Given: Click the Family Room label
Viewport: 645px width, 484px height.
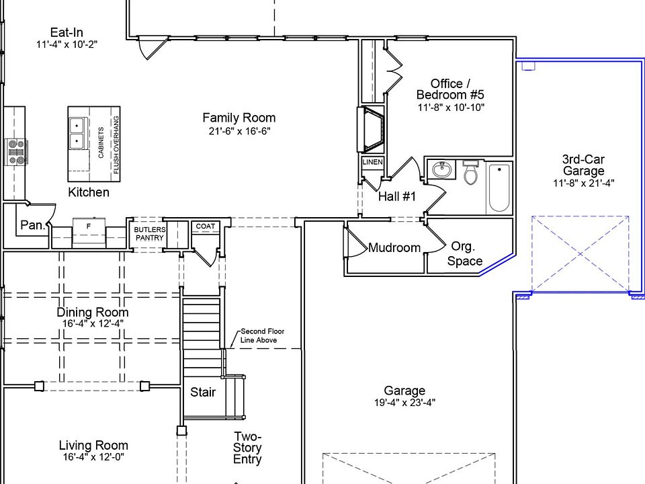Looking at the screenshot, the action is (239, 118).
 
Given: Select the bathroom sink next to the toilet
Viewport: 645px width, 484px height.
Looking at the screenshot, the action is (442, 169).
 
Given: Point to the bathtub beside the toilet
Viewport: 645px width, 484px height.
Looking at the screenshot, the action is (499, 188).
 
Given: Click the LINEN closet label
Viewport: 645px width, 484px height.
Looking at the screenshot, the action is (373, 162).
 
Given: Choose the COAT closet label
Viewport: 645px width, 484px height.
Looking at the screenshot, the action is (206, 227).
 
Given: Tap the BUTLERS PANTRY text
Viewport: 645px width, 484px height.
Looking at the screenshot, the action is (150, 234).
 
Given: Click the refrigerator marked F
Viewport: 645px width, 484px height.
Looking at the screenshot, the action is (89, 233).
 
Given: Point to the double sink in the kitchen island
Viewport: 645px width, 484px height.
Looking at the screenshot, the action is (77, 133).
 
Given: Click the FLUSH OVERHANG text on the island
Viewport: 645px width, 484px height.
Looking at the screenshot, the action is (116, 145).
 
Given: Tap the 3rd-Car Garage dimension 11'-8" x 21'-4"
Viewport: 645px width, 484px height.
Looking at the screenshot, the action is (583, 183).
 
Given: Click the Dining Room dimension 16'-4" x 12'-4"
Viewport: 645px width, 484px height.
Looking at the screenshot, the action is (93, 323).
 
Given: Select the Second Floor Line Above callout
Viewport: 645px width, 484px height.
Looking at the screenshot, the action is (262, 336).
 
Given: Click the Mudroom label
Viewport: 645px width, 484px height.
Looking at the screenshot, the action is (394, 248).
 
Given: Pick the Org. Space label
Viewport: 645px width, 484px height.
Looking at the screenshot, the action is (464, 253).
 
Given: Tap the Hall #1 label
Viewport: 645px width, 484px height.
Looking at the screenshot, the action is (397, 196).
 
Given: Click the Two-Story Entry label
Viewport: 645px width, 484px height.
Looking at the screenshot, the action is (247, 448).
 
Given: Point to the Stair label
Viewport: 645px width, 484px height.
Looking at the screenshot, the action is (203, 392).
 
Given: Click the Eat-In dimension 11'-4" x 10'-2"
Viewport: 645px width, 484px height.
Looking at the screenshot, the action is (67, 44).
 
